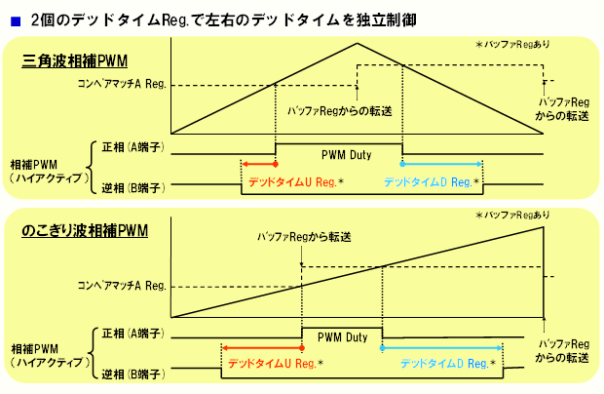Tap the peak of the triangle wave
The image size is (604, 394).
tap(357, 43)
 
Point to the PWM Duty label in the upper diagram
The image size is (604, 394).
tap(338, 154)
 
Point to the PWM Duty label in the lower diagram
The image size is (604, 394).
tap(342, 337)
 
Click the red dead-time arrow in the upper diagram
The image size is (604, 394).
tap(258, 163)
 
